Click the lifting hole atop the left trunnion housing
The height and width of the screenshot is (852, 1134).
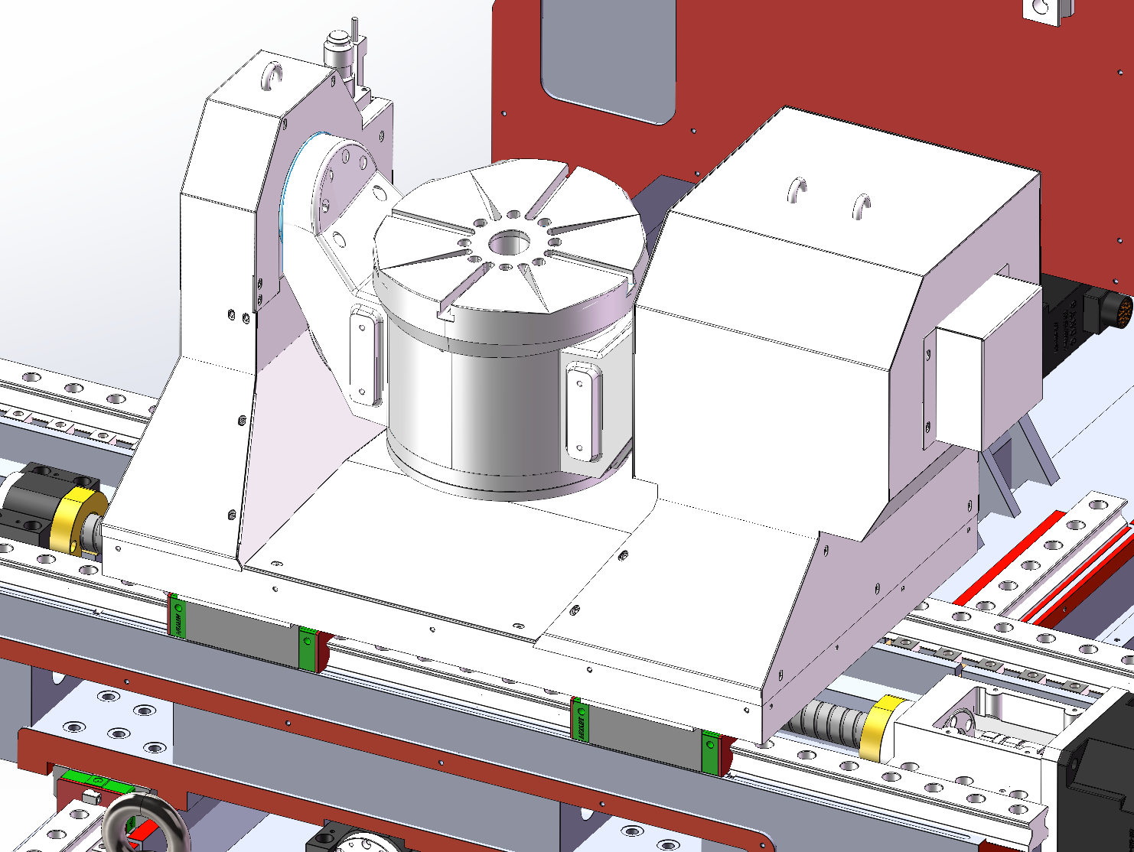pyautogui.click(x=272, y=76)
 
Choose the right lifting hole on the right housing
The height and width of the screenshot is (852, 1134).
pyautogui.click(x=862, y=206)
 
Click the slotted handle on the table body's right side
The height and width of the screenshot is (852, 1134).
pyautogui.click(x=582, y=410)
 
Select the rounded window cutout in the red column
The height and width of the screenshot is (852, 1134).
pyautogui.click(x=608, y=57)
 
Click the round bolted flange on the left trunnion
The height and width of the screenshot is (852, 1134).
pyautogui.click(x=341, y=184)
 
